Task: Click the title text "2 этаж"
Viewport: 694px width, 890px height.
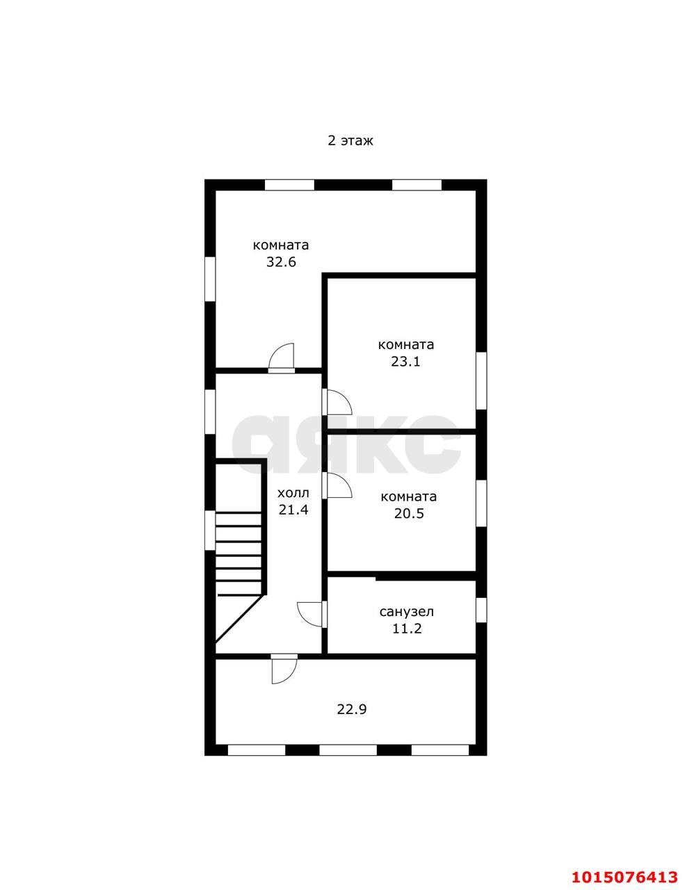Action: click(350, 141)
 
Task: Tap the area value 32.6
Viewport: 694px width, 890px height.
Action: click(281, 261)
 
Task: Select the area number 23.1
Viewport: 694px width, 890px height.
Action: click(405, 362)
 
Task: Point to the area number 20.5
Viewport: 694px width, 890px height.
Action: click(409, 514)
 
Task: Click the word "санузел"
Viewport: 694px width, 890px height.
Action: click(407, 611)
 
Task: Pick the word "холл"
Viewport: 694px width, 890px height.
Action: click(293, 492)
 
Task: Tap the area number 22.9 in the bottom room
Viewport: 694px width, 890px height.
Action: click(352, 709)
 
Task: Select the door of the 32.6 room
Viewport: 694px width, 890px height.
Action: click(282, 358)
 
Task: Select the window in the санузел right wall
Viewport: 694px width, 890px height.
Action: click(481, 610)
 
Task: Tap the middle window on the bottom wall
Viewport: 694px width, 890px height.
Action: click(348, 750)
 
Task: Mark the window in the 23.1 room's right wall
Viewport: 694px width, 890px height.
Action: click(481, 380)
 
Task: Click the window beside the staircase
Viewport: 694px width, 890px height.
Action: click(210, 531)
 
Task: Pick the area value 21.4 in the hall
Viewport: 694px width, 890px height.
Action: click(293, 510)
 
